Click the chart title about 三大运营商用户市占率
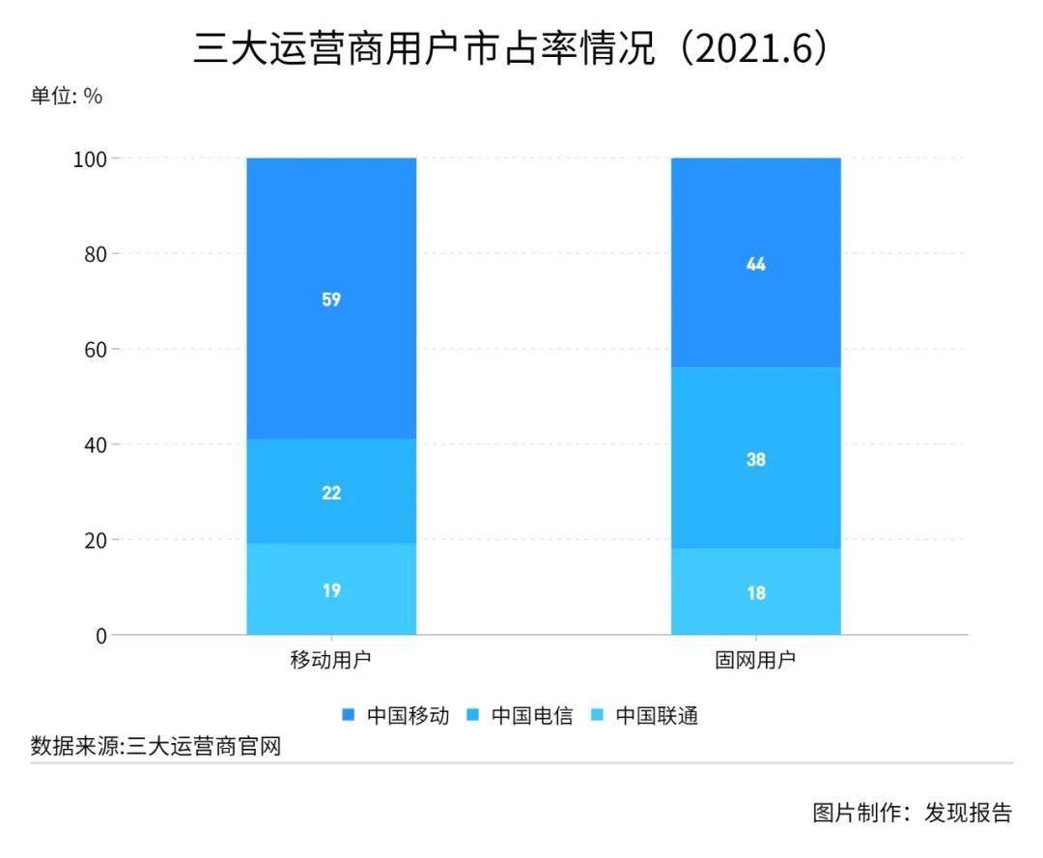coord(511,48)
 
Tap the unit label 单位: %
coord(66,96)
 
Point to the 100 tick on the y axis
coord(90,159)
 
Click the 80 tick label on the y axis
coord(95,254)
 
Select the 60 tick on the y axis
coord(95,350)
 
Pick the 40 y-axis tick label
coord(95,444)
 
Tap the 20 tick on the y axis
coord(95,540)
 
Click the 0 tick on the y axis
coord(101,636)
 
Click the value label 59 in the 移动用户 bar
coord(331,300)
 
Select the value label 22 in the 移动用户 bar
coord(331,493)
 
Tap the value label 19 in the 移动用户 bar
coord(331,590)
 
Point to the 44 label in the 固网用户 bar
coord(755,264)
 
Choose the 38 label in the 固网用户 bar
coord(755,459)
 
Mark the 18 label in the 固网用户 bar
coord(755,593)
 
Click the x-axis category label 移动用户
coord(330,660)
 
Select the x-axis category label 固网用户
coord(755,660)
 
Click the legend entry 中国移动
coord(395,716)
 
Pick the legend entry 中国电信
coord(520,716)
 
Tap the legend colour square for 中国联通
coord(598,716)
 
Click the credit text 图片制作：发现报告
coord(912,813)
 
